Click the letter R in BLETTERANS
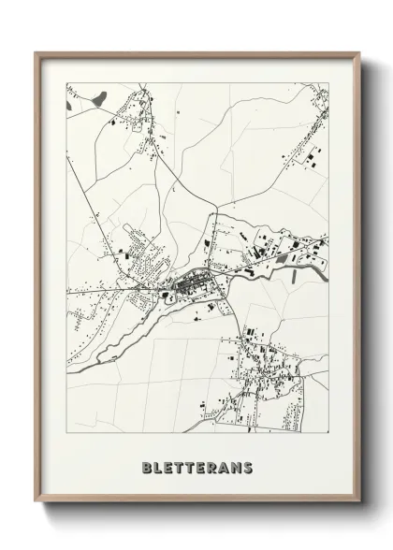pos(214,467)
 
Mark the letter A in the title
pos(226,467)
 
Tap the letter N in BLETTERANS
pos(238,467)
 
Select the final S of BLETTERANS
pos(249,467)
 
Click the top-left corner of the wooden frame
pos(36,52)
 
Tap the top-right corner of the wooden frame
pos(358,52)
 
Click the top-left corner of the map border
pos(65,82)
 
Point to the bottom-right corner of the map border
pos(329,432)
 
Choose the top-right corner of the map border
pos(329,82)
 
